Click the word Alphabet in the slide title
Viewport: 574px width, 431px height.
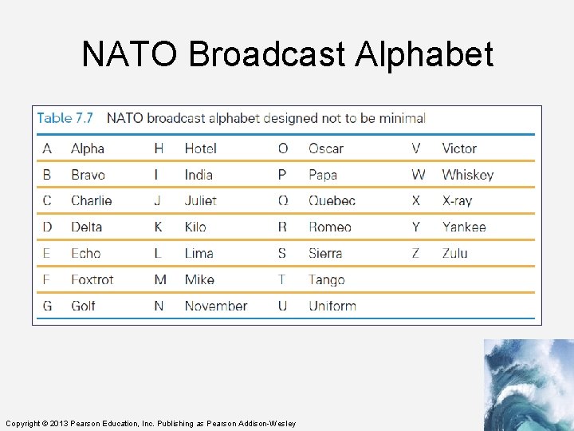coord(424,55)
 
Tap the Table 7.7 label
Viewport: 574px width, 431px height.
coord(65,118)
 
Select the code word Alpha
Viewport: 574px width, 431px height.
coord(88,148)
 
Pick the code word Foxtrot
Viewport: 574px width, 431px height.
coord(92,279)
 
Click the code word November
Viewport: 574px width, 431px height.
coord(216,306)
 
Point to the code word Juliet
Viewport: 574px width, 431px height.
coord(201,201)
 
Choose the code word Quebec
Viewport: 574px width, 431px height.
coord(332,201)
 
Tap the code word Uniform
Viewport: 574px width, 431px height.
coord(332,306)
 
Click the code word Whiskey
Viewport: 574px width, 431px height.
coord(468,175)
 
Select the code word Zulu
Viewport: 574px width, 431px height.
coord(455,253)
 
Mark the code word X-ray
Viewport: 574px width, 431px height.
coord(458,201)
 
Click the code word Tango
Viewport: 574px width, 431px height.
coord(327,279)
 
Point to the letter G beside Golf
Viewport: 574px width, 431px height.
coord(47,306)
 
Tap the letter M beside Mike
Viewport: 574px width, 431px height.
coord(160,279)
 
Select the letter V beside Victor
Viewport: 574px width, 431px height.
coord(416,148)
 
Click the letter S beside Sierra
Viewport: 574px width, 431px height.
coord(282,253)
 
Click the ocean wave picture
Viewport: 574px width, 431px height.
coord(529,385)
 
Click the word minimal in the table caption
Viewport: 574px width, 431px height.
coord(402,118)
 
